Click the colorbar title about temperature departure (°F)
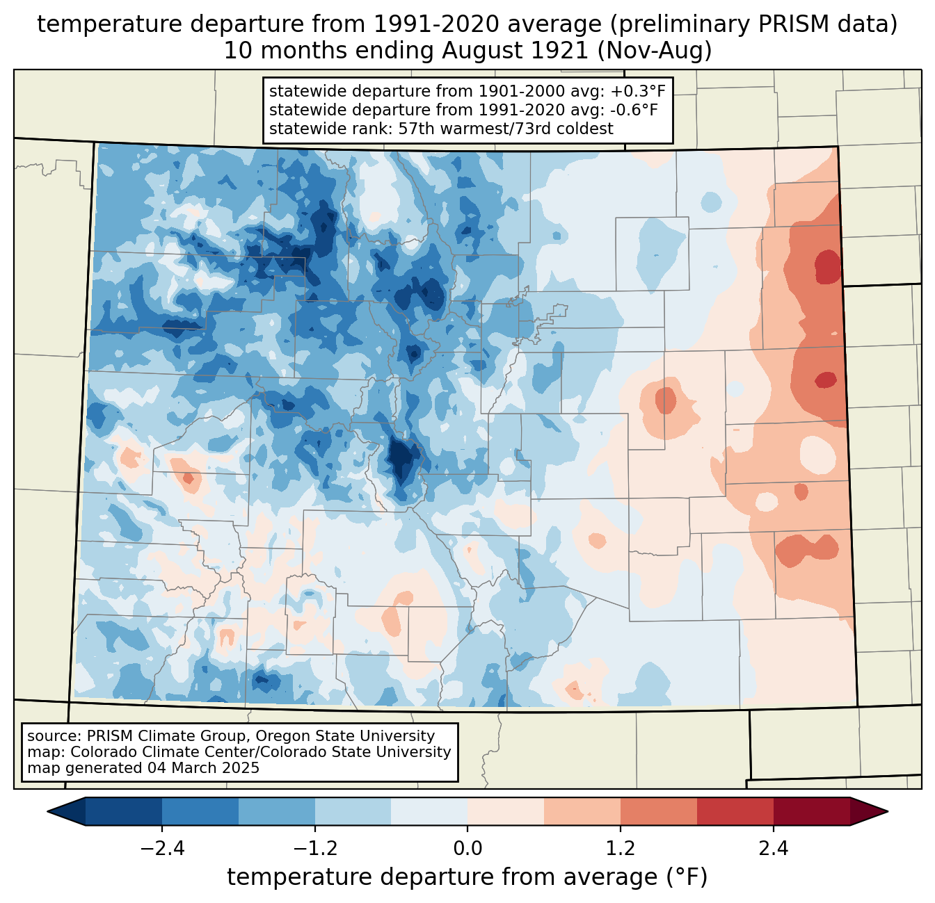pyautogui.click(x=467, y=877)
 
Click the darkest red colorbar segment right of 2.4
pyautogui.click(x=811, y=811)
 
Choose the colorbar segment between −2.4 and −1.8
pyautogui.click(x=200, y=811)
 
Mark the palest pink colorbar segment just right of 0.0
pyautogui.click(x=506, y=811)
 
